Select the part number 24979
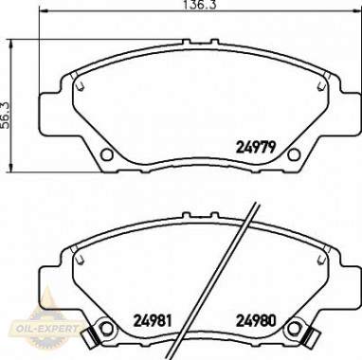[253, 147]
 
